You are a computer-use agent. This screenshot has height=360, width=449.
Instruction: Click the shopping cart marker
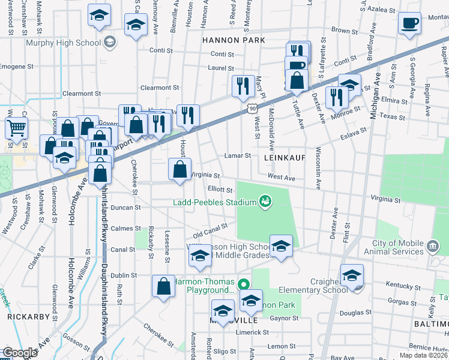(x=16, y=127)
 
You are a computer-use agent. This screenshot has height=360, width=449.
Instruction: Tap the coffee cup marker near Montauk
(x=410, y=23)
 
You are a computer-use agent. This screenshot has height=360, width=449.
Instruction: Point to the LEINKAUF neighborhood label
(x=285, y=157)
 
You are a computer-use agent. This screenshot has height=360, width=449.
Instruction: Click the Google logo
(x=20, y=353)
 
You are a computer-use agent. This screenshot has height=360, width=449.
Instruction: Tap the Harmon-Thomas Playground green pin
(x=243, y=284)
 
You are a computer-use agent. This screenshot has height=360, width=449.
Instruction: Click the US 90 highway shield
(x=252, y=107)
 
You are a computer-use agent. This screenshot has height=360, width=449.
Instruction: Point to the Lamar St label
(x=238, y=155)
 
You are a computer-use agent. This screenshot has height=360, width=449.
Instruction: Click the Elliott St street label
(x=220, y=189)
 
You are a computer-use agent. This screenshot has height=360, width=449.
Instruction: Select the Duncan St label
(x=129, y=207)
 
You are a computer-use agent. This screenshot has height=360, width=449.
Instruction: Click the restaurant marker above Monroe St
(x=336, y=97)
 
